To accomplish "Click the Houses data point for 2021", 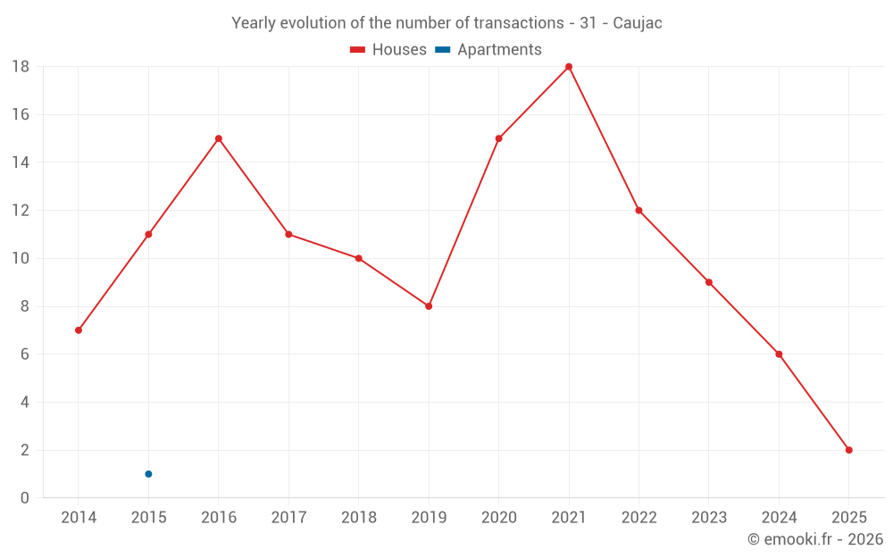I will [569, 67].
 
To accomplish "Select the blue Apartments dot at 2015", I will [148, 474].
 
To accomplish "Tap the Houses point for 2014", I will [79, 330].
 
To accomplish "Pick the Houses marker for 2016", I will [219, 138].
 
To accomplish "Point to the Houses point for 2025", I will [849, 450].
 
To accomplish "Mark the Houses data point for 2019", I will [429, 306].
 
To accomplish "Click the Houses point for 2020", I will [498, 138].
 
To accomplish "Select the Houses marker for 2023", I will [709, 282].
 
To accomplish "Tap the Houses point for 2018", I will [359, 258].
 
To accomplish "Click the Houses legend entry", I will [388, 50].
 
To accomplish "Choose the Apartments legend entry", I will [489, 50].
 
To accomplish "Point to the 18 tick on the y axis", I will [21, 67].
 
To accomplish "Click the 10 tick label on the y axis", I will [21, 259].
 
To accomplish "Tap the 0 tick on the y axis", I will [25, 498].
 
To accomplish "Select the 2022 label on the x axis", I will [638, 518].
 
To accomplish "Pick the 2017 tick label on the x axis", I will [288, 518].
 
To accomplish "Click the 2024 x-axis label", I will [779, 518].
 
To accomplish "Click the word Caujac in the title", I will [637, 23].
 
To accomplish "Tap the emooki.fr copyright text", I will [815, 539].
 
